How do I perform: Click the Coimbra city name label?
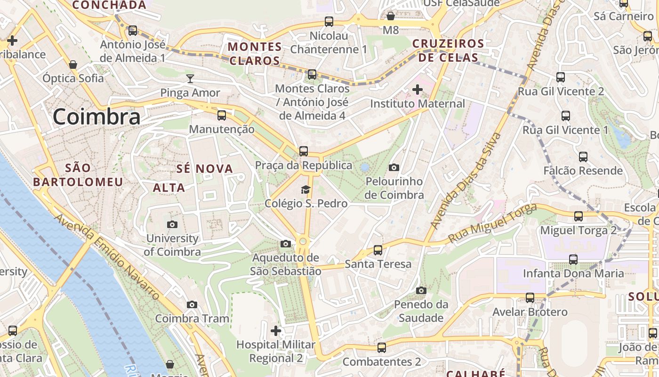click(x=96, y=116)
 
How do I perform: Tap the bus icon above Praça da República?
click(x=304, y=151)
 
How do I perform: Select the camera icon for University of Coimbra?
click(x=172, y=225)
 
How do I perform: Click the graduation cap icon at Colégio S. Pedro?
click(x=306, y=189)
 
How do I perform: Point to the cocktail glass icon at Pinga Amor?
click(x=190, y=78)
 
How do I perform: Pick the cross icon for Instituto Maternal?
click(x=418, y=89)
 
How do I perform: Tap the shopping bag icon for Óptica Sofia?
click(x=73, y=64)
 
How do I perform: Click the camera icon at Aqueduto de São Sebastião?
click(x=285, y=244)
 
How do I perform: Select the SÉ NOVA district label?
click(x=205, y=169)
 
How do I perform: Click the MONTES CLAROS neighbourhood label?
click(x=255, y=54)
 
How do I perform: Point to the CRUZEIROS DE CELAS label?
click(x=448, y=50)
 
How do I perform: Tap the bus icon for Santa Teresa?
click(x=378, y=250)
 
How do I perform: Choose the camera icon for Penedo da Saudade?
click(x=421, y=290)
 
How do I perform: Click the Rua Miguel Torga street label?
click(x=492, y=223)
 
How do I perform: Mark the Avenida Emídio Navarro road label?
click(x=107, y=257)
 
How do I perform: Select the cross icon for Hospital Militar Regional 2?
click(x=276, y=331)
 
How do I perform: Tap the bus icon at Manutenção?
click(x=222, y=115)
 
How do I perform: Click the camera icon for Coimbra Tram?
click(x=192, y=304)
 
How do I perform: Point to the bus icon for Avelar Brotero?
click(x=530, y=298)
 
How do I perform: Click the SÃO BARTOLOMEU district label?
click(x=78, y=175)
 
